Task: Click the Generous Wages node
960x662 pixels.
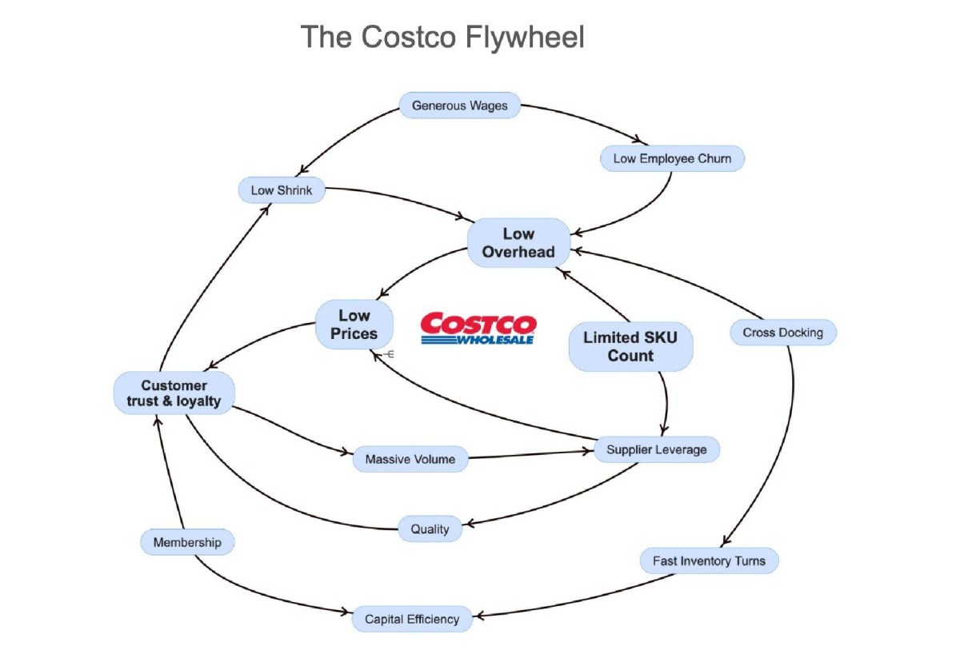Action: point(459,106)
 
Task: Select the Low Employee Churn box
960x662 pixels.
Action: point(672,158)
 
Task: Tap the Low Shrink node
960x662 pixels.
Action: point(282,190)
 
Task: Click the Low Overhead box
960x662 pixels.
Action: point(518,243)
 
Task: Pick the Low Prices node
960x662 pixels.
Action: point(354,324)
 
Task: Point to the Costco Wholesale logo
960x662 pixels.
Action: point(478,328)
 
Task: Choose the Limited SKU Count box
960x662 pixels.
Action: point(630,346)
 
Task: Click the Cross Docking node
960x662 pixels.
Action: point(783,333)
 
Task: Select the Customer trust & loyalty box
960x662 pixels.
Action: point(174,393)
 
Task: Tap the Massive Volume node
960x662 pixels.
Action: point(410,459)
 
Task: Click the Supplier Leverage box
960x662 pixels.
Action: point(657,449)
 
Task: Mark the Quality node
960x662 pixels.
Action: point(430,528)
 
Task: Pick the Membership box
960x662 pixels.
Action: point(187,542)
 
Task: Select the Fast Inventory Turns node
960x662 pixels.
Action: point(710,560)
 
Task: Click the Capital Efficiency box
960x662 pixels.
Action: point(412,619)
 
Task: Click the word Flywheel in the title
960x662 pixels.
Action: point(525,38)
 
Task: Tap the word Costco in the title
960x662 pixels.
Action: point(409,37)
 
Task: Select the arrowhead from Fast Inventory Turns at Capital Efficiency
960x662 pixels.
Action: point(480,616)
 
